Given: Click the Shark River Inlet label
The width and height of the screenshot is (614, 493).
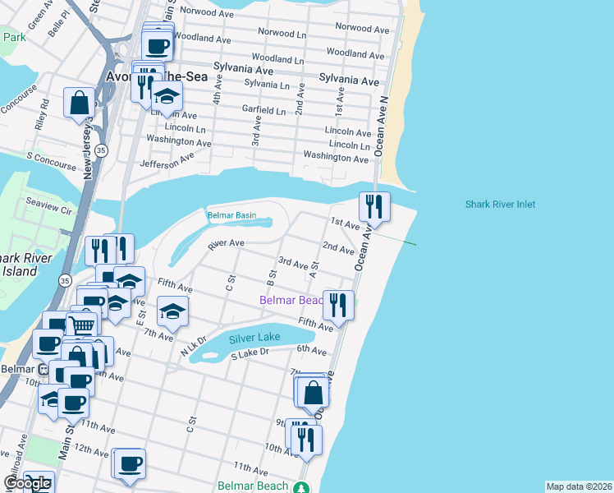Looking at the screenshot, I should coord(500,205).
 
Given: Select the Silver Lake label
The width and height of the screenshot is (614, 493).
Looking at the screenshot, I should coord(254,338).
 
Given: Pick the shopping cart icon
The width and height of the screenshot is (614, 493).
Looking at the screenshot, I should coord(82,325).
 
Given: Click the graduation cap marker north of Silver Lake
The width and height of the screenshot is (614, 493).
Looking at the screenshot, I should coord(173,311).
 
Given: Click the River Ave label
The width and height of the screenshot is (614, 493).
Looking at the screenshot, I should coord(227,244).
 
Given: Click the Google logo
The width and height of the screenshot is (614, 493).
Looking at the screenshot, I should coord(27,484).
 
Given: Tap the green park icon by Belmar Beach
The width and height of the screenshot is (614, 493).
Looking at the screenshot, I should coord(304,486).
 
